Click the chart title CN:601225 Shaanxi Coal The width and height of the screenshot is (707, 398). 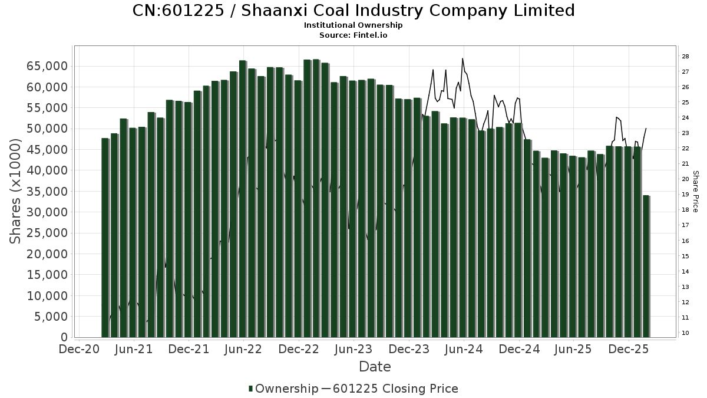click(353, 11)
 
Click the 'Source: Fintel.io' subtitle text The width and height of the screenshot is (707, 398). click(353, 35)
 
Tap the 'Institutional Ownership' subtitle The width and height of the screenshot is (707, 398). click(353, 25)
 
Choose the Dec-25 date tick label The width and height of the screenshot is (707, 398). click(629, 349)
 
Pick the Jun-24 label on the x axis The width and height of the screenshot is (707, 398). click(464, 349)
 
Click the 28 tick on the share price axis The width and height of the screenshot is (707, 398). click(686, 57)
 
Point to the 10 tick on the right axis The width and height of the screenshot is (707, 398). click(686, 333)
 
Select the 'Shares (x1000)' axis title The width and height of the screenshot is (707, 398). click(16, 190)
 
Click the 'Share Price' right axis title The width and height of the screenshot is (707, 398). click(696, 192)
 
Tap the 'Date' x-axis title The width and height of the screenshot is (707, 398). click(375, 367)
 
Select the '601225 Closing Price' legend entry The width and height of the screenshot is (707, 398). click(395, 389)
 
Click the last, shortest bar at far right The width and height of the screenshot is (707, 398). click(646, 266)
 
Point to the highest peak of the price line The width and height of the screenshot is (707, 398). click(462, 58)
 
